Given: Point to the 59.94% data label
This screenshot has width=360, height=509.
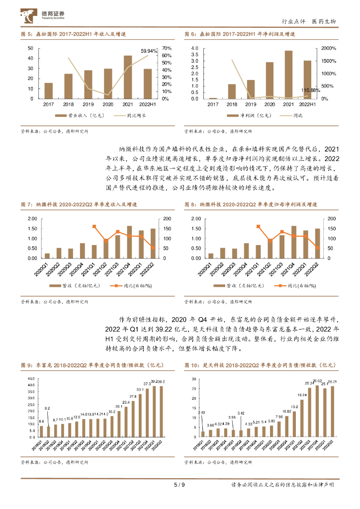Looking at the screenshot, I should coord(149,51).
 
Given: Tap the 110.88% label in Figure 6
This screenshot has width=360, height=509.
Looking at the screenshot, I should coord(311,90).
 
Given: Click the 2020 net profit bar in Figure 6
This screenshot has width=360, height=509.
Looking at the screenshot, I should coord(270,81).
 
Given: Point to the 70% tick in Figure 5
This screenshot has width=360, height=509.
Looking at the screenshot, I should coord(167,48).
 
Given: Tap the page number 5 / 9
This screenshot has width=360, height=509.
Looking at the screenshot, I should coord(180,485).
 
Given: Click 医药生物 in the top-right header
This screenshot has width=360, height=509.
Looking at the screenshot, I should coord(324,21).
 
